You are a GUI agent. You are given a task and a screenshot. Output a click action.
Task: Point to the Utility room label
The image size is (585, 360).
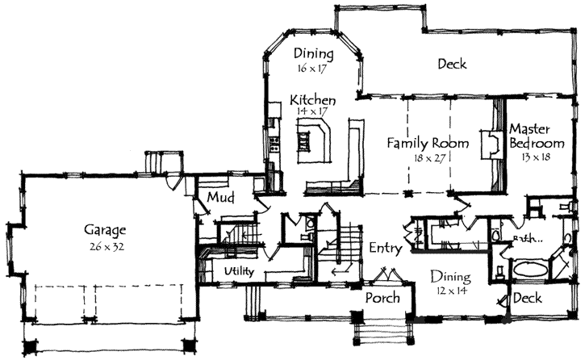pyautogui.click(x=240, y=272)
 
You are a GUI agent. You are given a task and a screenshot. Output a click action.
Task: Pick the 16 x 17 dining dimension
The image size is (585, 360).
pyautogui.click(x=310, y=70)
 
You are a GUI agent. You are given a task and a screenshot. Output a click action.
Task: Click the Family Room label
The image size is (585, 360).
pyautogui.click(x=428, y=143)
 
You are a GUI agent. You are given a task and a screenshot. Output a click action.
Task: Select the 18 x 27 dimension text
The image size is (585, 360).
pyautogui.click(x=428, y=158)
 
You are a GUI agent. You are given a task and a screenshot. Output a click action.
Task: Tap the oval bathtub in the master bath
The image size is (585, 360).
pyautogui.click(x=529, y=268)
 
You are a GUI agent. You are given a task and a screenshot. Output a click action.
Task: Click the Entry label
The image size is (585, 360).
pyautogui.click(x=385, y=249)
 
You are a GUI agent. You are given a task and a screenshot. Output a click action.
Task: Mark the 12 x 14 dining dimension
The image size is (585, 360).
pyautogui.click(x=449, y=289)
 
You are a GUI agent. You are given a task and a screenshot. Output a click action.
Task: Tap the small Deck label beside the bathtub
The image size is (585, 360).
pyautogui.click(x=528, y=299)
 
